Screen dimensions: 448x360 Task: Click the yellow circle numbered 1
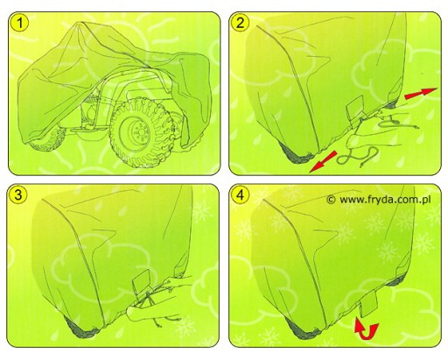tap(19, 23)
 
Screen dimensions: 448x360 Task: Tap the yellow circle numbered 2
tap(240, 22)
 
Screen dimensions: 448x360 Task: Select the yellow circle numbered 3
tap(18, 194)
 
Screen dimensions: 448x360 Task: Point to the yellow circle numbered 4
tap(240, 194)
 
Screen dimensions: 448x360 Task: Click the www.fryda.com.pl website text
tap(385, 200)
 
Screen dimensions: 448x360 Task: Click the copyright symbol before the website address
tap(331, 200)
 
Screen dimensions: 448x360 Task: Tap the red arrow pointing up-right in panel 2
tap(421, 93)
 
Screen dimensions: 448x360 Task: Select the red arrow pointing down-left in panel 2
tap(323, 161)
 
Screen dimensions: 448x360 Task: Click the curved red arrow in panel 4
tap(366, 329)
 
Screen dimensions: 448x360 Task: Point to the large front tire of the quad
tap(140, 133)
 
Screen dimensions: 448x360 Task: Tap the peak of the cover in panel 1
tap(80, 24)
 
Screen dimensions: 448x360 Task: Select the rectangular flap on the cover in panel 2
tap(355, 110)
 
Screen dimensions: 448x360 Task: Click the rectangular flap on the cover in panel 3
tap(142, 283)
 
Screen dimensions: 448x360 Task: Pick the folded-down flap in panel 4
tap(368, 304)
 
